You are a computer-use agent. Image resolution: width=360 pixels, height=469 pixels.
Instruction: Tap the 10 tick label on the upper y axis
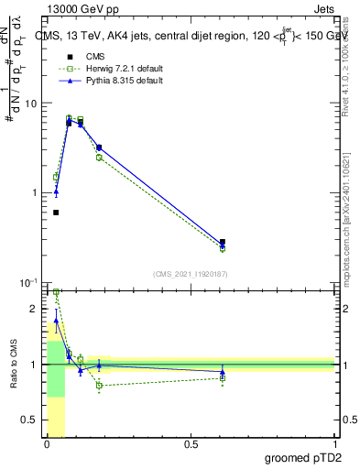(x=31, y=104)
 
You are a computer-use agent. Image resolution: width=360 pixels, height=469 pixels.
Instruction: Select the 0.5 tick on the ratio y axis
(x=31, y=420)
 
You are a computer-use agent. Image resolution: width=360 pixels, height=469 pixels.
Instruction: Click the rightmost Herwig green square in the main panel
(x=223, y=248)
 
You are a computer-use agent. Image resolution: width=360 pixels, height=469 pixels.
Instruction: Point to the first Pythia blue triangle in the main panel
(x=56, y=191)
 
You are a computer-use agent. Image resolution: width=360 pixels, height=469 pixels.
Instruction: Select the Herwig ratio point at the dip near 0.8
(x=99, y=385)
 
